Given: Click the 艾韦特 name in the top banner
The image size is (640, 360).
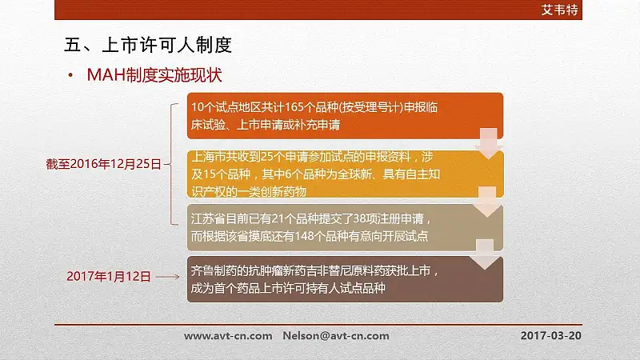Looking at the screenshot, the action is pos(559,10).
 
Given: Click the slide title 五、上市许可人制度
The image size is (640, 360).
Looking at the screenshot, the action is pos(148,45).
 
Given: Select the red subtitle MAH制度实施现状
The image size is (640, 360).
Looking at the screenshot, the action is pos(154,75).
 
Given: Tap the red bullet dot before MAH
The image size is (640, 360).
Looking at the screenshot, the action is pos(70,75).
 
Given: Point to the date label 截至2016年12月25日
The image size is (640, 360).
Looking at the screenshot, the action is pos(104,164).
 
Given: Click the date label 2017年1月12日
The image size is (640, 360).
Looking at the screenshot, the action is pos(109,276).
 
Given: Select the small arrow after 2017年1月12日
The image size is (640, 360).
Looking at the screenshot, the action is pos(167,277).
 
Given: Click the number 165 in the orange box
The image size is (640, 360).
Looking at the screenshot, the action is pos(294,107).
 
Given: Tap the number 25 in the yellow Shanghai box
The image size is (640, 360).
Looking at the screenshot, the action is pos(267,156).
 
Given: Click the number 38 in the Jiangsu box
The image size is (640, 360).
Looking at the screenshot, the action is pos(359,218).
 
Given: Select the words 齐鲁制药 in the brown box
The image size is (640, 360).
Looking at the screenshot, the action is pos(214,270).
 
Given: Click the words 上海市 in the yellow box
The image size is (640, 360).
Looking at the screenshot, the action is pos(209,156).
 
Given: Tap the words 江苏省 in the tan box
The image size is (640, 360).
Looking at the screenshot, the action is pos(208,218).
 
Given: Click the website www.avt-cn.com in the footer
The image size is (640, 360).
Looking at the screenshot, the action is pos(228,336).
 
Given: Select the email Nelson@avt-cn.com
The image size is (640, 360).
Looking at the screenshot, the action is pos(336,336).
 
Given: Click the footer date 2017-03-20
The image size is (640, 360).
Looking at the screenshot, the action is pos(550,335).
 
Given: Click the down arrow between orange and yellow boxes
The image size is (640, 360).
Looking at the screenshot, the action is pos(488,144).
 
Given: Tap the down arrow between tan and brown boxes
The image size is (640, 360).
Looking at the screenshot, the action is pos(485,254).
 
